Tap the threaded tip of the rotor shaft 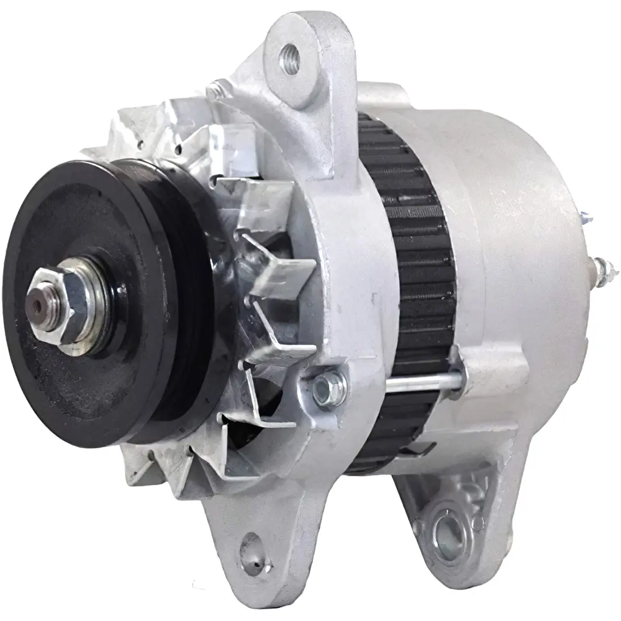tap(39, 304)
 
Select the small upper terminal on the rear tap(587, 218)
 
